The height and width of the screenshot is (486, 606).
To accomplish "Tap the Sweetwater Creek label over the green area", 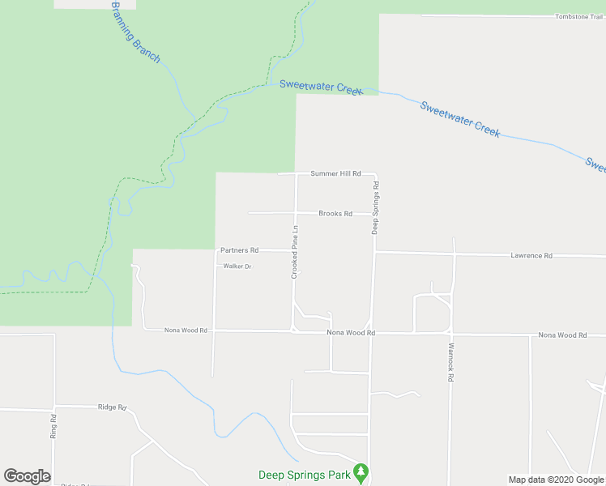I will click(x=321, y=87).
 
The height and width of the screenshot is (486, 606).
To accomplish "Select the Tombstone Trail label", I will click(x=578, y=16).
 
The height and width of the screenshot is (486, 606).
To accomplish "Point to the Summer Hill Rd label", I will click(x=335, y=174).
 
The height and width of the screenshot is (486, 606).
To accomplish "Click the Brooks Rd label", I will click(x=335, y=214).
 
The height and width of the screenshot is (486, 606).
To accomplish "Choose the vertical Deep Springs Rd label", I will click(x=376, y=208).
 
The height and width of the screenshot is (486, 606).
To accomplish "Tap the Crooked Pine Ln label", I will click(x=296, y=252).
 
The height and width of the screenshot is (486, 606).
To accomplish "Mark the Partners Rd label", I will click(x=239, y=250).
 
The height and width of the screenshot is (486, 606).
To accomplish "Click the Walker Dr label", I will click(x=238, y=266).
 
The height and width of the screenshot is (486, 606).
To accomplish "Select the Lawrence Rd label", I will click(x=531, y=256).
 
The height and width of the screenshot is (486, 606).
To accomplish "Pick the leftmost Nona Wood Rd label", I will click(x=186, y=330).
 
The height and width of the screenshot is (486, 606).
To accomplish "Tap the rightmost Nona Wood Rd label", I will click(x=560, y=335).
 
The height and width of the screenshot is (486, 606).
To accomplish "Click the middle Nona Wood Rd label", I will click(x=352, y=333).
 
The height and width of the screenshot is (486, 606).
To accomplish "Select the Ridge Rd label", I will click(x=113, y=407).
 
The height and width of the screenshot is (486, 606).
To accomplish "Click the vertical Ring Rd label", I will click(x=53, y=426).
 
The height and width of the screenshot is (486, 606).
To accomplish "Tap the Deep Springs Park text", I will click(x=305, y=475).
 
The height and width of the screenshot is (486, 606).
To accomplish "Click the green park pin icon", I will click(x=361, y=471).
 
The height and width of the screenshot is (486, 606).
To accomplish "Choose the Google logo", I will click(x=27, y=476).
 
